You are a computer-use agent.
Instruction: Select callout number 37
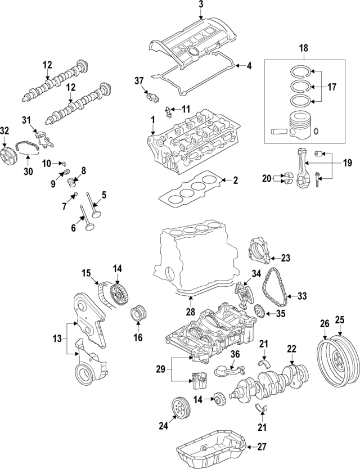point(139,82)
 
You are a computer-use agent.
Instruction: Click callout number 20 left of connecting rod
point(266,179)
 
